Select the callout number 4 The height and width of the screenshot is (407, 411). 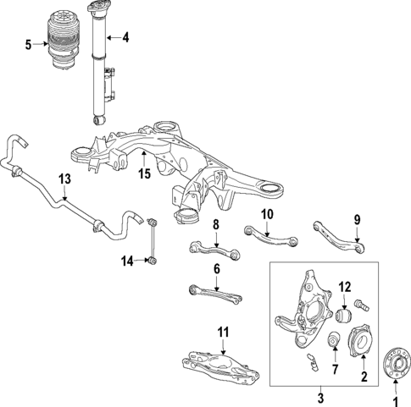click(x=125, y=37)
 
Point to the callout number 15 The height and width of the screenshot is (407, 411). click(x=145, y=174)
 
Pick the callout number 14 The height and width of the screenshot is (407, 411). click(x=127, y=261)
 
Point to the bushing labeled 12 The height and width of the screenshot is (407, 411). click(x=344, y=314)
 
